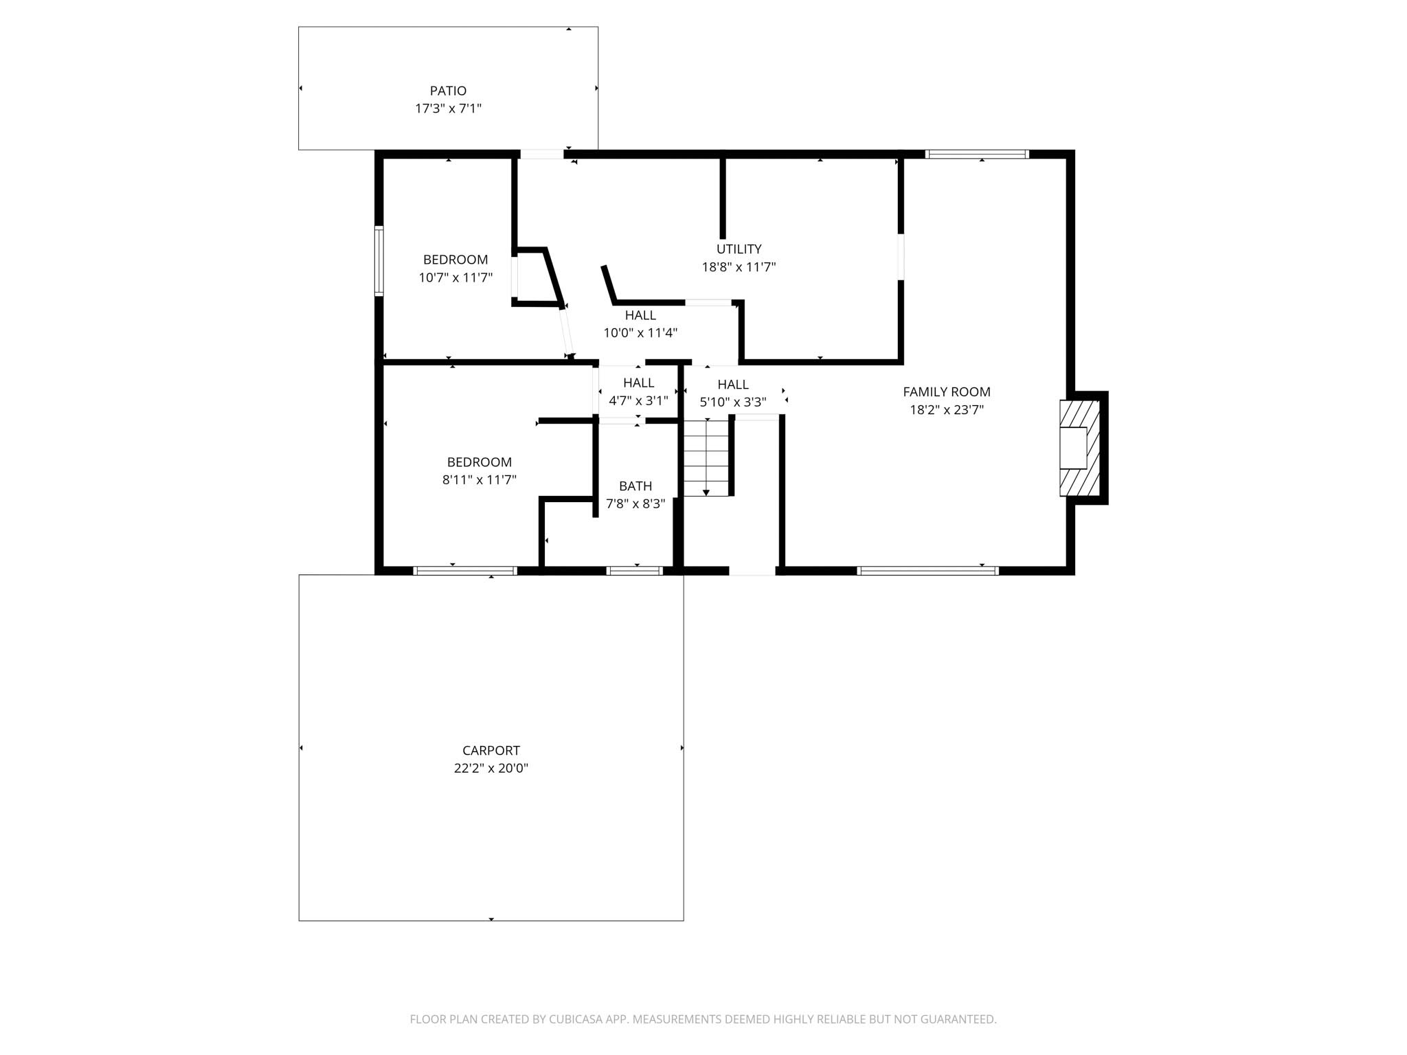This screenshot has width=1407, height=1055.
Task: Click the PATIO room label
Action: [x=448, y=91]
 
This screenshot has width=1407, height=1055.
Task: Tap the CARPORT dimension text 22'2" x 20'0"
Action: [x=491, y=768]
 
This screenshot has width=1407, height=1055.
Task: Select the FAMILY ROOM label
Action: [x=946, y=392]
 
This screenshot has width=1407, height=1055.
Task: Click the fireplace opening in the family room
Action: [x=1073, y=448]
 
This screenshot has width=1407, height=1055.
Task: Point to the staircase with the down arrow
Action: [x=706, y=457]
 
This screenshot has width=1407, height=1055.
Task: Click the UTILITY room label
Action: [x=739, y=249]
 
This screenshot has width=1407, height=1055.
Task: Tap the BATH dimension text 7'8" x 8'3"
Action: [x=635, y=503]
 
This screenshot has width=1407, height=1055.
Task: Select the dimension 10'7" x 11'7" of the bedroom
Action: [x=455, y=277]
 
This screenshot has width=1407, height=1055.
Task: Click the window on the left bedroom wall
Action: [x=379, y=260]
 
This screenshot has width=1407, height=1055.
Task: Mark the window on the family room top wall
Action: [x=976, y=154]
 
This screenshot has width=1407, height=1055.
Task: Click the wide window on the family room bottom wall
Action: [x=927, y=570]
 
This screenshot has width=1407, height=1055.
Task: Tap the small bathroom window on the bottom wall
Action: [x=634, y=570]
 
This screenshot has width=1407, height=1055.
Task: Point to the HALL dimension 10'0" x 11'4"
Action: [x=640, y=333]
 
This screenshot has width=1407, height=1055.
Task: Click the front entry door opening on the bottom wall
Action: [x=752, y=570]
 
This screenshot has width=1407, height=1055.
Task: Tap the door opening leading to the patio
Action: [x=541, y=154]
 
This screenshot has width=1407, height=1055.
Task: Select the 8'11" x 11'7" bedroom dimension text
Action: [x=479, y=479]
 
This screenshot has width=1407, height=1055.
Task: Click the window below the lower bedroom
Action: [x=465, y=570]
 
